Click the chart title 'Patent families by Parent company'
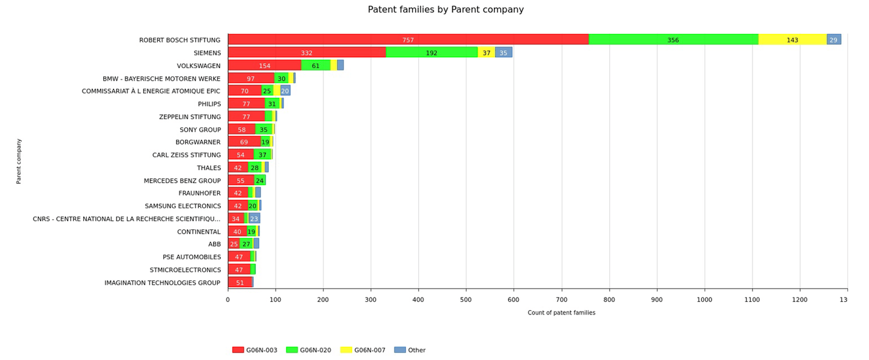pos(445,10)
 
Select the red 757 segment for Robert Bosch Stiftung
pos(408,39)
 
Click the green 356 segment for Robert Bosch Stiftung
pos(673,39)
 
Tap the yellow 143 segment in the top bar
pos(792,39)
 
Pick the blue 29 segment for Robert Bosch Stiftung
pos(833,39)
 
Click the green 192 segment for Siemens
pos(431,53)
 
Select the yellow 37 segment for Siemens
pos(486,53)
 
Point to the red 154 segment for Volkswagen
pos(265,66)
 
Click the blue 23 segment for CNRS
pos(254,219)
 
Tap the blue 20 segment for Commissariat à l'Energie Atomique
pos(285,91)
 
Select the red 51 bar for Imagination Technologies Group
pos(240,282)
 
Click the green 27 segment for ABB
pos(246,244)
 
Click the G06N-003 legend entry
pos(255,350)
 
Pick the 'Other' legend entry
pos(410,350)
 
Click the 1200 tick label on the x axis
pos(799,299)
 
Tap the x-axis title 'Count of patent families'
pos(561,313)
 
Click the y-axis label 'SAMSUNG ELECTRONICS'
pos(183,206)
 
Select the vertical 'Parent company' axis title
pos(19,161)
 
